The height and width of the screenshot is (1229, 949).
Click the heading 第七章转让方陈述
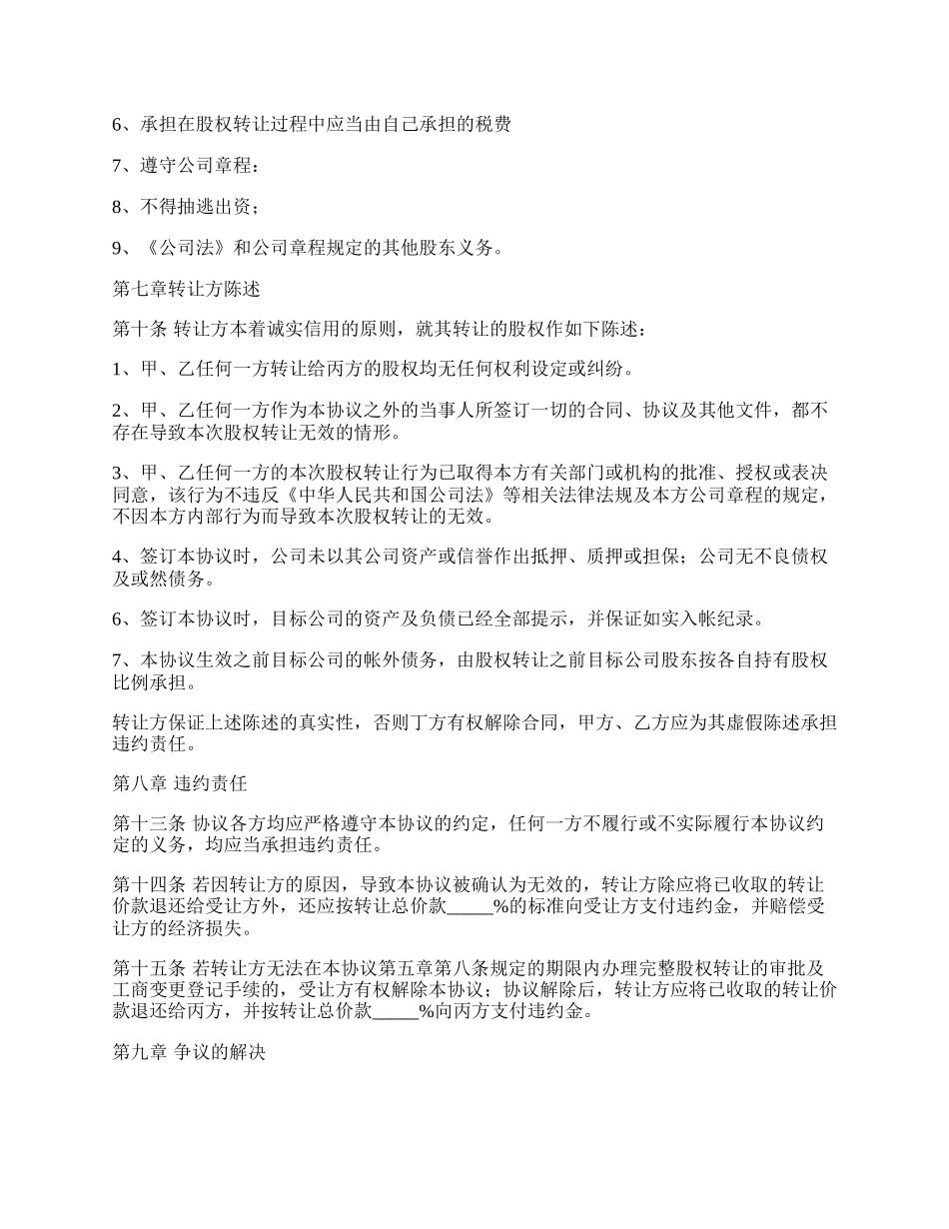pyautogui.click(x=186, y=290)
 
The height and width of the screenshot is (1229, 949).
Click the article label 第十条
pyautogui.click(x=138, y=329)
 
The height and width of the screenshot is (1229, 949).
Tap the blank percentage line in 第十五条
pyautogui.click(x=394, y=1011)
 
